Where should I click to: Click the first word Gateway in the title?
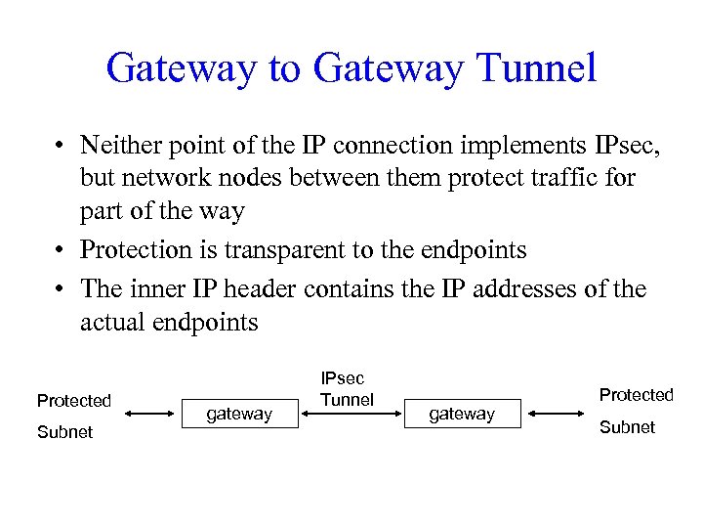180,68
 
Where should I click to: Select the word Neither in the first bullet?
119,146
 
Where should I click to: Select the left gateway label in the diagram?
239,414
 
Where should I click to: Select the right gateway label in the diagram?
462,414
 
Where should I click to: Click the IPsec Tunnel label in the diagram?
347,389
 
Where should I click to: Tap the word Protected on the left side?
74,400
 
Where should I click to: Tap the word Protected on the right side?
636,394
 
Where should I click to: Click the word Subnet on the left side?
64,431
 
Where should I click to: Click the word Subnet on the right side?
627,427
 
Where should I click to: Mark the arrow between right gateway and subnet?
557,415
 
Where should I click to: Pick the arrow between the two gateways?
352,415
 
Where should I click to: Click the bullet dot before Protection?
61,250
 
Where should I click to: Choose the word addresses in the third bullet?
522,288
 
